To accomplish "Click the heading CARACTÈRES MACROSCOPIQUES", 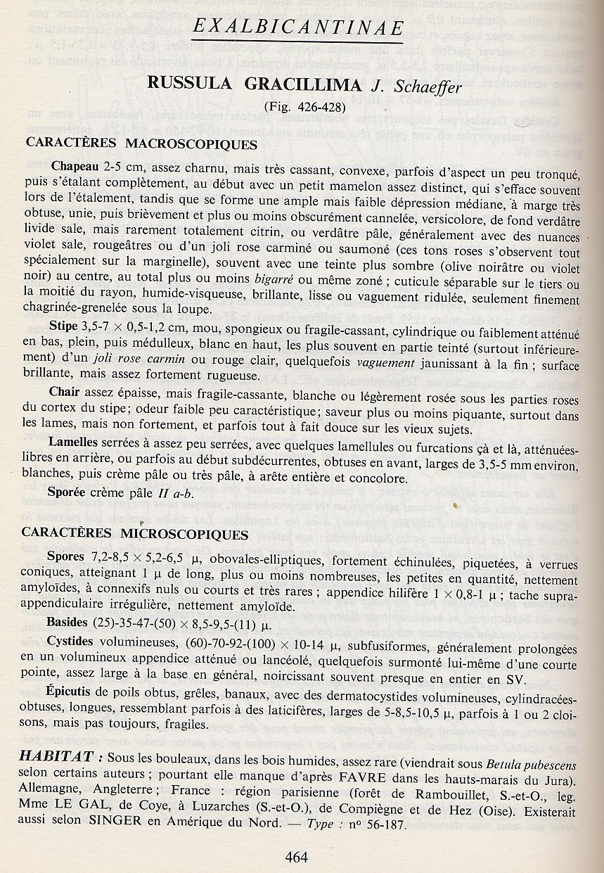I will (141, 144).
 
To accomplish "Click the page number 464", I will (297, 857).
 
